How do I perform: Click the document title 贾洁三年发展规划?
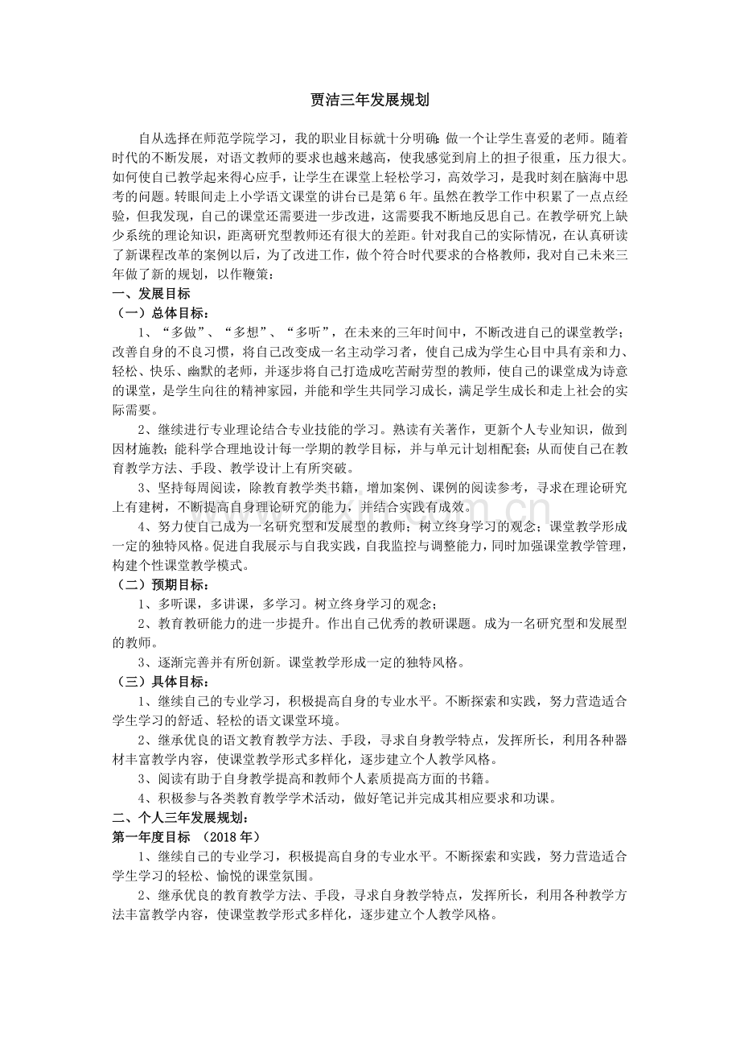click(x=369, y=101)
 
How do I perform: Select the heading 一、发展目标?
click(x=151, y=294)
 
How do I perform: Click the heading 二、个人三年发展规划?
click(x=172, y=817)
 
